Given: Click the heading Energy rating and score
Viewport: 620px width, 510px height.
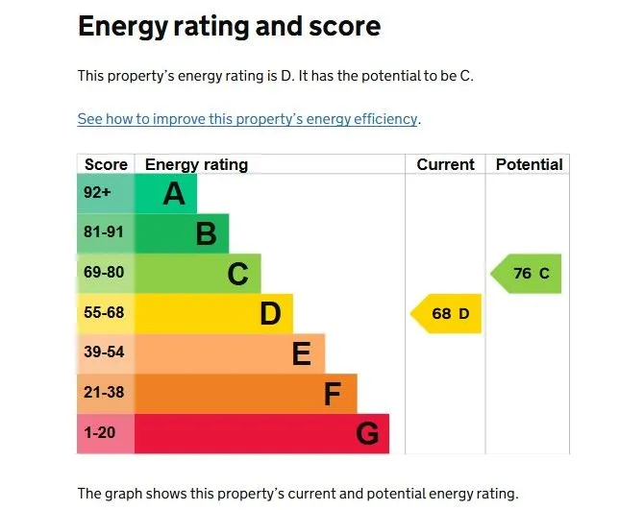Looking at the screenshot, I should coord(229,27).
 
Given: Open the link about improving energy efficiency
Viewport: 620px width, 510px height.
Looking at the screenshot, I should coord(248,119).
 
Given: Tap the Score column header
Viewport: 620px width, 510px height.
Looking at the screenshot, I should coord(106,164).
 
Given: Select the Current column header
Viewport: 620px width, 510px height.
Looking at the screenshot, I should coord(445,164).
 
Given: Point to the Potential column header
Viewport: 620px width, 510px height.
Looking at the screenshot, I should coord(529,164).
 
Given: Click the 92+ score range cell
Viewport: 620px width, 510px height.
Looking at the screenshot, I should coord(98,193).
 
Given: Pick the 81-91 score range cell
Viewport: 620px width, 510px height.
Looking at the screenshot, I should coord(103,233).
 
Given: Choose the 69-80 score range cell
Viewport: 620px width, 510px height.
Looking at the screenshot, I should coord(103,273).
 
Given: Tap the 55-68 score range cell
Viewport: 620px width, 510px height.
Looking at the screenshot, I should coord(103,313).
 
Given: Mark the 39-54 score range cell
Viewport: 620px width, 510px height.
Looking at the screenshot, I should coord(103,352).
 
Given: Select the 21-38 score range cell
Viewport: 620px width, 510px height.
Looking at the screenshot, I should coord(103,393).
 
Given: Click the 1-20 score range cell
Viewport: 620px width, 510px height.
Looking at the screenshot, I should coord(99,433).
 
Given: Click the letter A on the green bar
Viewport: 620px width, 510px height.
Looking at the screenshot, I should coord(174,194).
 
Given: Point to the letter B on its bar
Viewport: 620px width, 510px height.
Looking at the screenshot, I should coord(206,234).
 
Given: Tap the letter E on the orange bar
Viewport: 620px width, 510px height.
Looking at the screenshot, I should coord(302,354).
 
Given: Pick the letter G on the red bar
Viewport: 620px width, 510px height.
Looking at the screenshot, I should coord(366,434).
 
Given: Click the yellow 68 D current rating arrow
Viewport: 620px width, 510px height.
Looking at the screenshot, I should coord(447,314).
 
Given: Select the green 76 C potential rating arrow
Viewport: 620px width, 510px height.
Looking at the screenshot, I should coord(528,274).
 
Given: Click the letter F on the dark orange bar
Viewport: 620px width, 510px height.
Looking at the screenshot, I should coord(334,394).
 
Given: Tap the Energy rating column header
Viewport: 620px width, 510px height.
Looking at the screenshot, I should coord(196,164).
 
